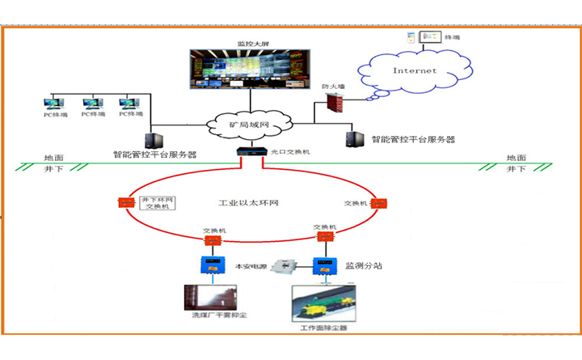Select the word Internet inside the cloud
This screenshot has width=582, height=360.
414,70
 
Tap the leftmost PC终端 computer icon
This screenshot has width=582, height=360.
53,106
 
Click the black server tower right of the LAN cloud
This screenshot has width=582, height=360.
352,138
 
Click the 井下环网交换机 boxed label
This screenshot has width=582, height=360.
158,202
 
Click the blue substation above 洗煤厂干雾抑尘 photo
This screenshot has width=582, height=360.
213,264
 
